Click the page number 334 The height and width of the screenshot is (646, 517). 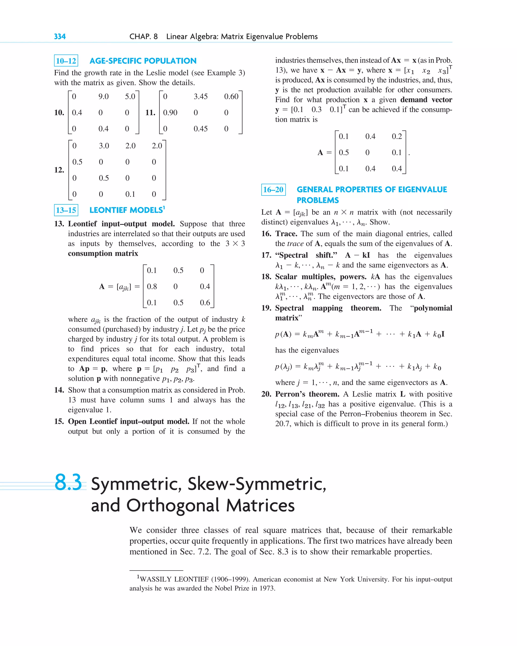(60, 37)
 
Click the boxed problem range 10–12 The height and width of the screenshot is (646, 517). (66, 61)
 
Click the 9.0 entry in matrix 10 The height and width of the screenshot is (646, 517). (104, 96)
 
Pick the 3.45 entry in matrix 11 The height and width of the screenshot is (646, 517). (200, 96)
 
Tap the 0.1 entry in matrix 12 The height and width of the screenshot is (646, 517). (130, 194)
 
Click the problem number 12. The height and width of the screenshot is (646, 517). (59, 170)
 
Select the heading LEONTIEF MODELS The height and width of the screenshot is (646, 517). (127, 210)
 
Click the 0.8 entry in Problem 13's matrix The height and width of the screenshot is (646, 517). (152, 287)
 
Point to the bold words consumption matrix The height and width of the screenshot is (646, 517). (103, 254)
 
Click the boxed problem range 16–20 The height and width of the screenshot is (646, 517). (273, 190)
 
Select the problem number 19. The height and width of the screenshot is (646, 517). (266, 308)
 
